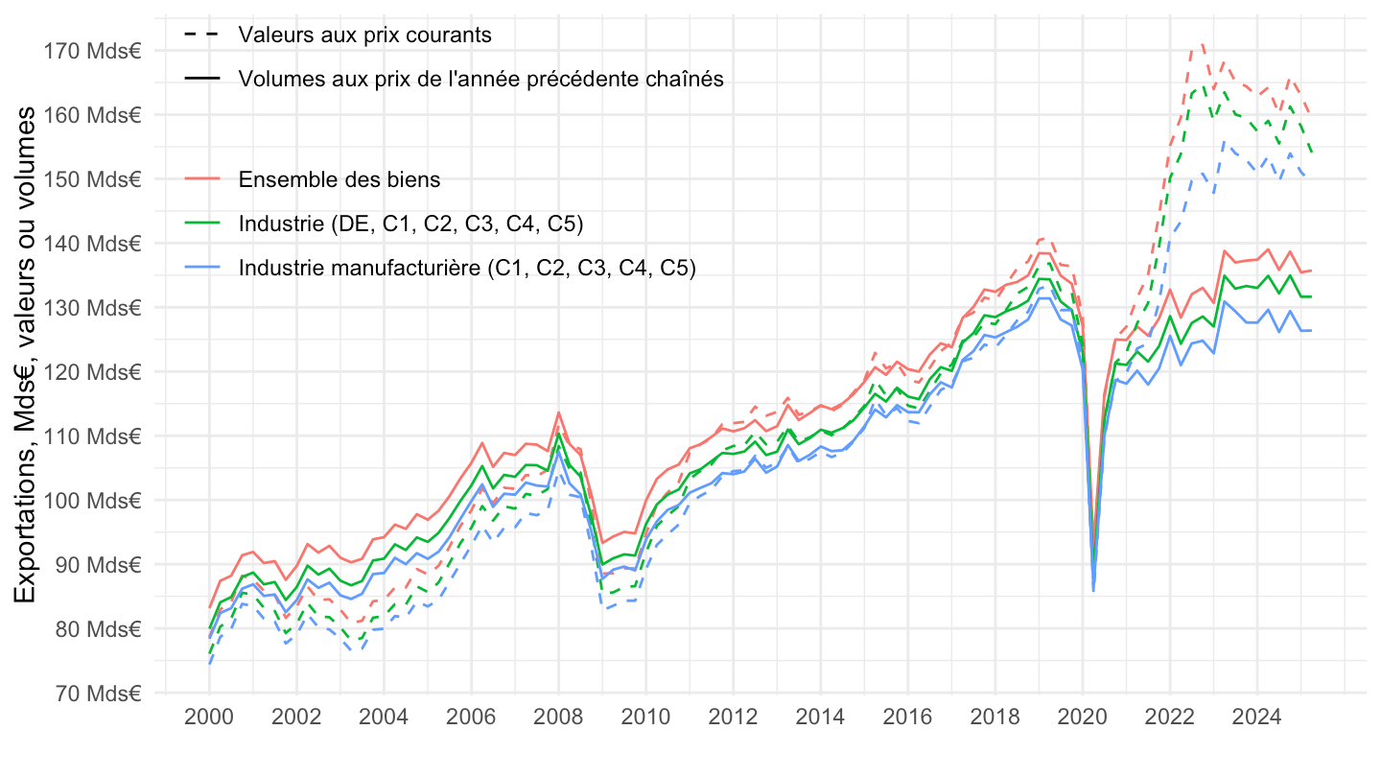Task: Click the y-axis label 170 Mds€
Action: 93,50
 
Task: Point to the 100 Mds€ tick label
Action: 93,500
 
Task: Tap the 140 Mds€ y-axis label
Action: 93,243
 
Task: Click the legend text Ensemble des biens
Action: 339,179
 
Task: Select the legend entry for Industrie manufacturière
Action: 467,268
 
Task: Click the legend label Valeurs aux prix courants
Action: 365,35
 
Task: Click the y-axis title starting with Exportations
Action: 28,355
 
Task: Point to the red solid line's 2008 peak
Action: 558,412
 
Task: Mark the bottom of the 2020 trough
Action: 1094,589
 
